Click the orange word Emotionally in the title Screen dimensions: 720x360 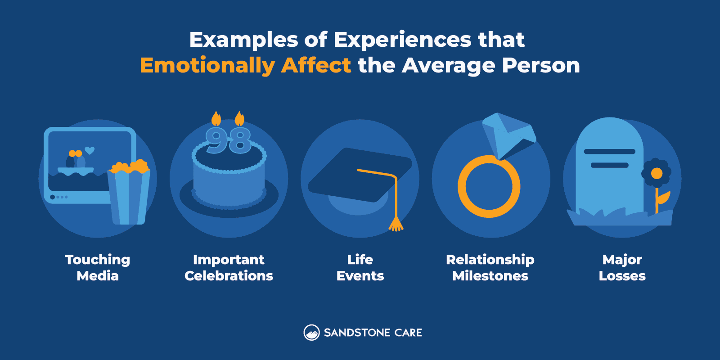pyautogui.click(x=207, y=66)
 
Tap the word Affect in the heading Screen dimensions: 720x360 pyautogui.click(x=316, y=65)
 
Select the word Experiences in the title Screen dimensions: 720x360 pyautogui.click(x=402, y=40)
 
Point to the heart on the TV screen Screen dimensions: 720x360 pyautogui.click(x=90, y=150)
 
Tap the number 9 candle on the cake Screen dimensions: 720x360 pyautogui.click(x=216, y=140)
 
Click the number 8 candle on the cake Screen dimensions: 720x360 pyautogui.click(x=239, y=140)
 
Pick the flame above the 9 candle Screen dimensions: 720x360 pyautogui.click(x=216, y=119)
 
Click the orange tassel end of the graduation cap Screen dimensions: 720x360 pyautogui.click(x=396, y=224)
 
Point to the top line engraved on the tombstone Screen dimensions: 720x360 pyautogui.click(x=609, y=152)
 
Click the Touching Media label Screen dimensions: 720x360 pyautogui.click(x=98, y=268)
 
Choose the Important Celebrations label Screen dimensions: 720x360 pyautogui.click(x=229, y=268)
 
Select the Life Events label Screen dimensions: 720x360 pyautogui.click(x=360, y=268)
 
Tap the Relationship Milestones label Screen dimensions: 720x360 pyautogui.click(x=490, y=268)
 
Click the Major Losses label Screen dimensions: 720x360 pyautogui.click(x=622, y=268)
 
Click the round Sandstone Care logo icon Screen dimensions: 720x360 pyautogui.click(x=311, y=333)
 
